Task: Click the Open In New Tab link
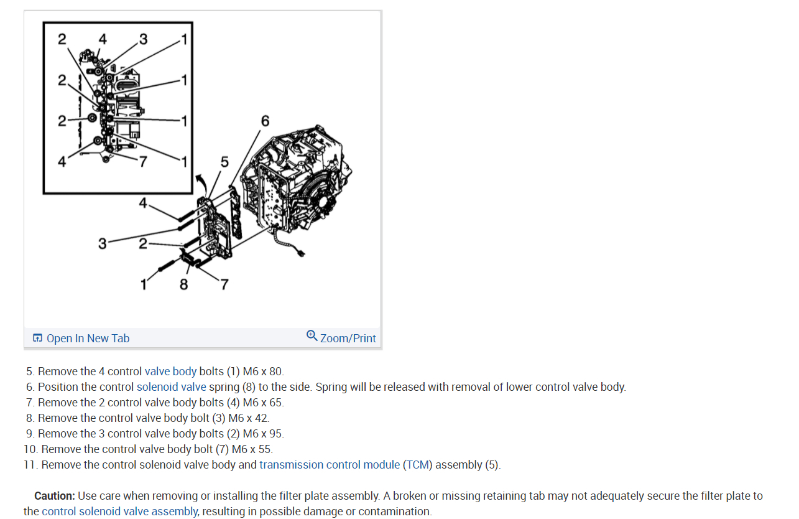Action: (x=88, y=339)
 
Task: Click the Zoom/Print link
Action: (x=348, y=339)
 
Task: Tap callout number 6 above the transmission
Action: (x=266, y=121)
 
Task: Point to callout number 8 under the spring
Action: (x=183, y=284)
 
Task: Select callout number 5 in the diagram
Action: (x=224, y=162)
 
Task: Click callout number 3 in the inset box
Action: (x=144, y=40)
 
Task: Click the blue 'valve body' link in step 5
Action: (x=170, y=372)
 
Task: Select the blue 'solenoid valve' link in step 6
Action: (x=171, y=387)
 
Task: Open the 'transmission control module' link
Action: (x=330, y=465)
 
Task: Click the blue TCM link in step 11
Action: (x=417, y=465)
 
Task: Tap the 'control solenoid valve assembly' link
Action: (x=119, y=512)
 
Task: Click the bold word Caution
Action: (x=55, y=496)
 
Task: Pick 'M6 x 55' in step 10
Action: (x=252, y=449)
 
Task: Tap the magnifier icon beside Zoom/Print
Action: (x=312, y=336)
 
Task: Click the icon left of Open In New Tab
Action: (x=38, y=339)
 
